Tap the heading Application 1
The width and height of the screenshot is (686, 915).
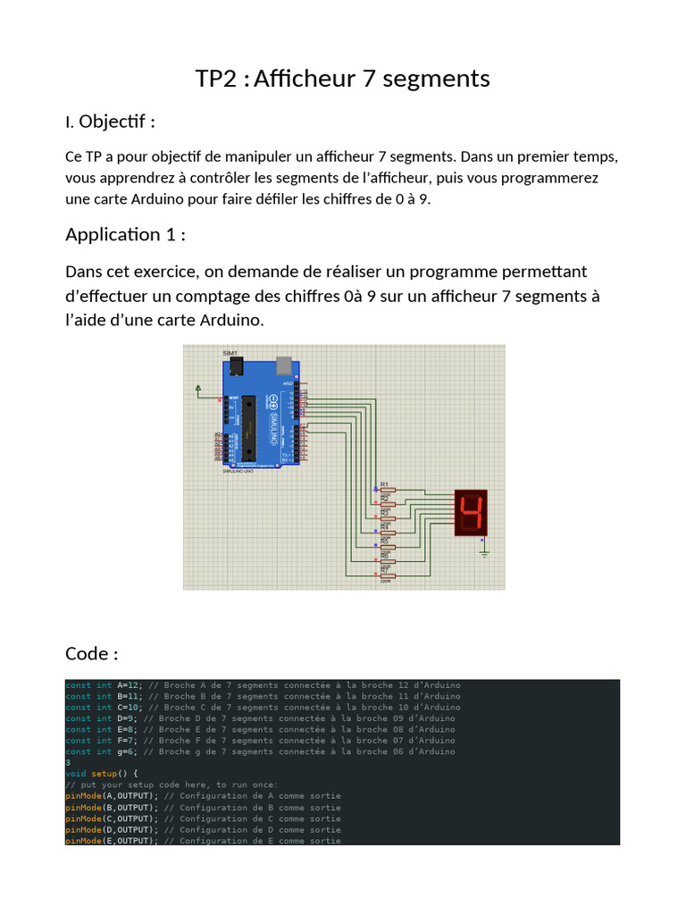(x=125, y=235)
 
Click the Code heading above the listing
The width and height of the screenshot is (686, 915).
(x=91, y=654)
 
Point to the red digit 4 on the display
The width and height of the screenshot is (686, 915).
(x=470, y=512)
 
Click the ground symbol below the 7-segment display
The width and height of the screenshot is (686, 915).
(x=485, y=552)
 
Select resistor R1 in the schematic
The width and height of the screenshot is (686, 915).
(x=389, y=490)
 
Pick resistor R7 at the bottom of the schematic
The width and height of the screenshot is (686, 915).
(x=388, y=576)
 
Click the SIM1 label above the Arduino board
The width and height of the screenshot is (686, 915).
(x=230, y=354)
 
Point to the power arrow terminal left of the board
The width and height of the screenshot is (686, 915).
(x=197, y=388)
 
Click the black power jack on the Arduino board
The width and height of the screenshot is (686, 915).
(x=233, y=365)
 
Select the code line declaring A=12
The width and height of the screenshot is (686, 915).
(x=263, y=685)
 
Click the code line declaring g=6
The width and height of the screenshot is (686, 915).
(x=260, y=751)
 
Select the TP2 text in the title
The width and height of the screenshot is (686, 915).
(x=216, y=79)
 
